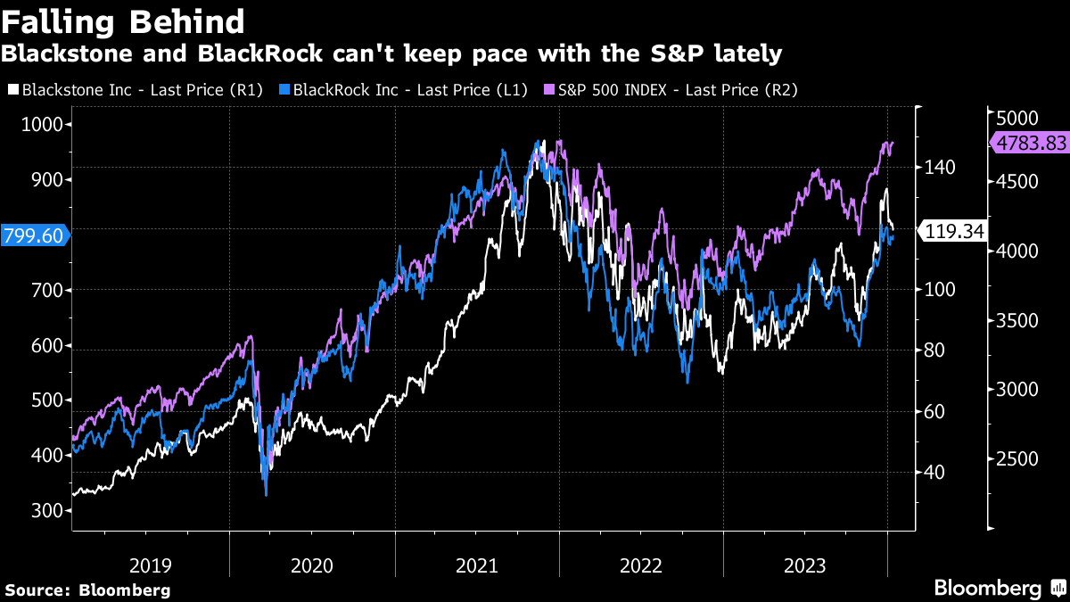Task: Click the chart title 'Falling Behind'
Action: (x=124, y=21)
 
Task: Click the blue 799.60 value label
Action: (x=34, y=235)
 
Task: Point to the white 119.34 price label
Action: (x=954, y=232)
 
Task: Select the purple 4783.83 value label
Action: (x=1031, y=142)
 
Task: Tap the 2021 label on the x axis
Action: (x=477, y=565)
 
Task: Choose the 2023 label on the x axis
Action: (x=805, y=565)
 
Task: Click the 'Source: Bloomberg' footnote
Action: (x=87, y=590)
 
